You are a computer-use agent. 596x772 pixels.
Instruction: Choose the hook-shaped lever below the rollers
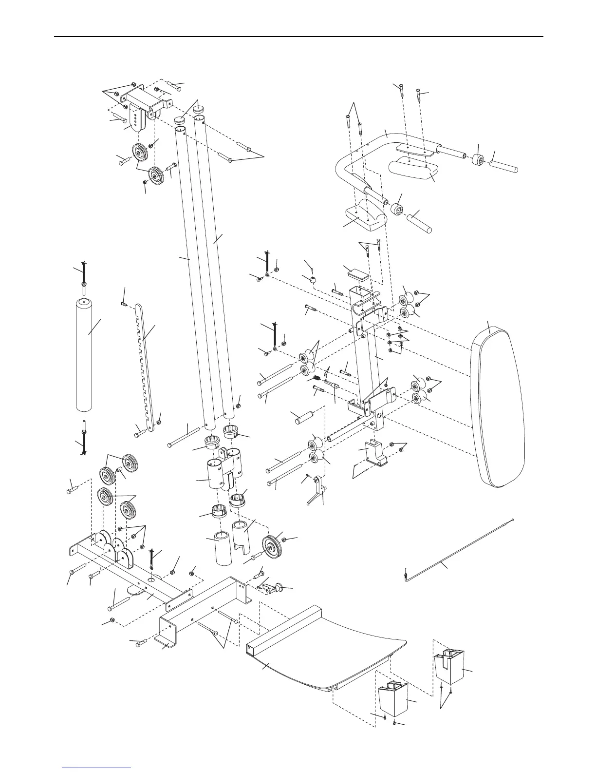click(x=317, y=492)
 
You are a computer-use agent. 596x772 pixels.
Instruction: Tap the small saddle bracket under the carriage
click(x=375, y=453)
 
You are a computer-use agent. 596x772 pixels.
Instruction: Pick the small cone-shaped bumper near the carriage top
click(x=311, y=279)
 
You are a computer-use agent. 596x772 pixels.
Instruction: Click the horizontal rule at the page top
click(x=298, y=37)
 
